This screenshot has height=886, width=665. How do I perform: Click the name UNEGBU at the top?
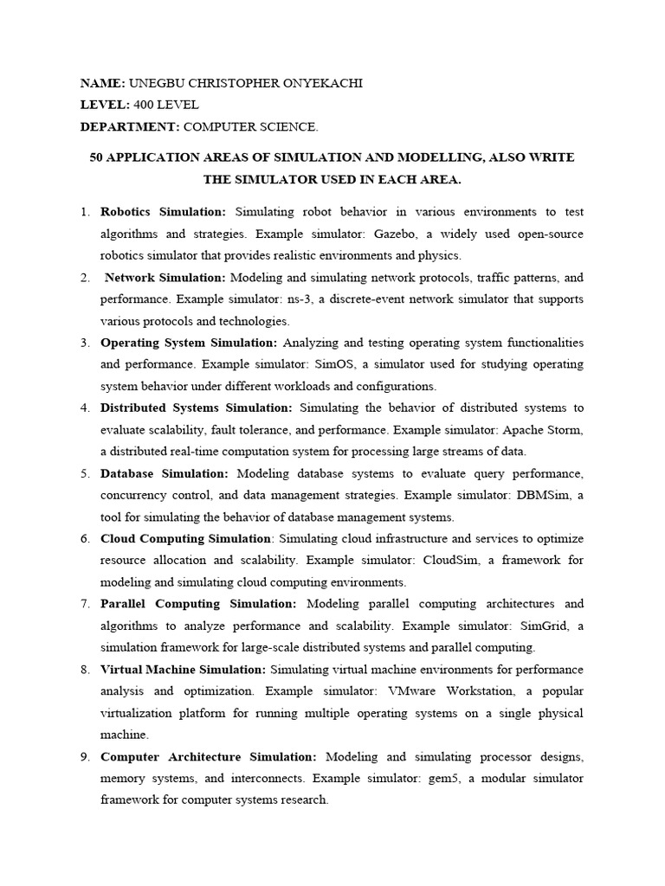(x=155, y=83)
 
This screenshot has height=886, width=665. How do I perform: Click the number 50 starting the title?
(x=98, y=157)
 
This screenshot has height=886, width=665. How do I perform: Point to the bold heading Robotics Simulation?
(x=163, y=211)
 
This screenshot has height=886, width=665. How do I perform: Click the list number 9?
(x=85, y=756)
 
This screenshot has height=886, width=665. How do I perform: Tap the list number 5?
(x=85, y=473)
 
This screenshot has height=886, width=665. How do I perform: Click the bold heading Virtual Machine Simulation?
(x=184, y=670)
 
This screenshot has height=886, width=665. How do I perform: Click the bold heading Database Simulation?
(x=165, y=473)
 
